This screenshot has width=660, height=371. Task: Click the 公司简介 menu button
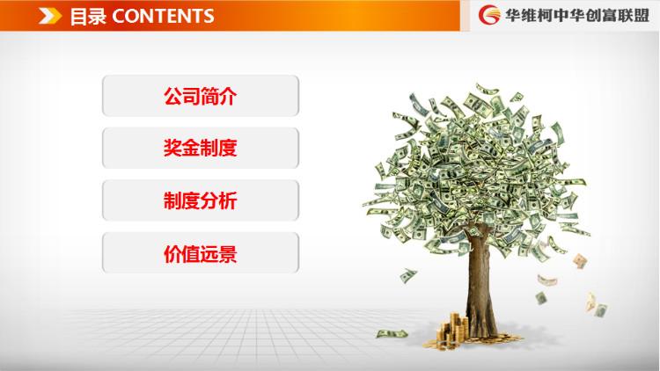[201, 96]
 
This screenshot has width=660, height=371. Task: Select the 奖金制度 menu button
[201, 148]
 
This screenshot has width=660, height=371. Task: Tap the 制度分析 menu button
[201, 200]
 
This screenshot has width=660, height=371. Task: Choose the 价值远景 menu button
[201, 253]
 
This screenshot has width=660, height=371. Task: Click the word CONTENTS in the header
[163, 17]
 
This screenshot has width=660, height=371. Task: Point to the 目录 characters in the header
[88, 17]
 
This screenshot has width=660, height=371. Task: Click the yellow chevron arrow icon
[50, 17]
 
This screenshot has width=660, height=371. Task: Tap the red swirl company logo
[489, 16]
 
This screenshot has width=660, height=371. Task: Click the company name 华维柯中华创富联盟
[577, 16]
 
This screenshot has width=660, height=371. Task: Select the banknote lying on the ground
[392, 334]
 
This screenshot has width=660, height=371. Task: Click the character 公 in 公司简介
[172, 96]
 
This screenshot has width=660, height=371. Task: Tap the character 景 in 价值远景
[228, 254]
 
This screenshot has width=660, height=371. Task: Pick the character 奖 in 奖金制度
[172, 148]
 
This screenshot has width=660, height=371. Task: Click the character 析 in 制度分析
[228, 200]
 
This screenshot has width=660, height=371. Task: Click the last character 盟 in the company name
[641, 16]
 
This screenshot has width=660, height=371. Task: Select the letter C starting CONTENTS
[119, 17]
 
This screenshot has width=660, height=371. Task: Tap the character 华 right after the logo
[514, 16]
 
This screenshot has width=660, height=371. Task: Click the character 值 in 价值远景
[191, 254]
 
